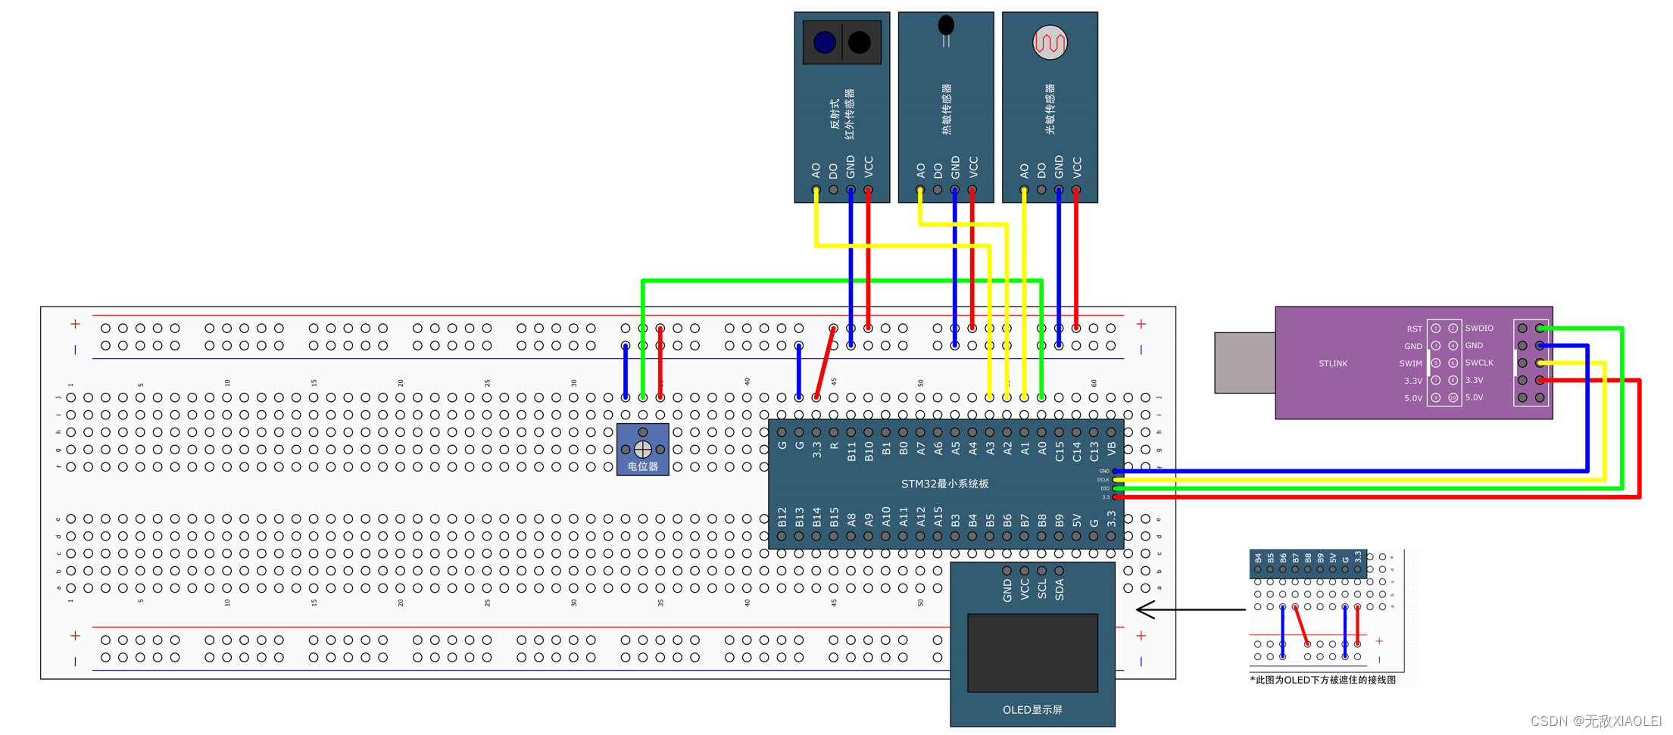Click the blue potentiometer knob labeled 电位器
point(642,450)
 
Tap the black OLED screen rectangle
point(1032,652)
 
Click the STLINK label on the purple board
point(1332,364)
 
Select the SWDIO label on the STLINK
point(1478,329)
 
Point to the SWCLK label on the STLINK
point(1478,363)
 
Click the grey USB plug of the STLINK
point(1244,363)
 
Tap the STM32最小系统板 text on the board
point(944,484)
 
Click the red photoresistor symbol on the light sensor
point(1050,42)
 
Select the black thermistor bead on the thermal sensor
point(946,26)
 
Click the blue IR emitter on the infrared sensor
point(824,42)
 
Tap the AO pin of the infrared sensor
point(816,189)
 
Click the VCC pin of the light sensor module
point(1076,189)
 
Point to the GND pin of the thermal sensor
point(955,189)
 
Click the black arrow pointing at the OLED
point(1189,609)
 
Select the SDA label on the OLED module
point(1059,589)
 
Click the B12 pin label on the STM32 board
point(782,517)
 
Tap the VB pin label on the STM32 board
point(1111,448)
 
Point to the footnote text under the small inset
point(1322,680)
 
